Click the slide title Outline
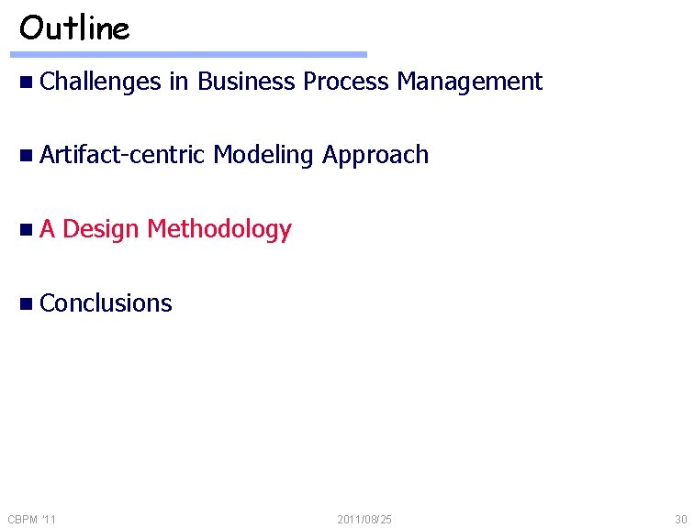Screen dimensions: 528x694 74,28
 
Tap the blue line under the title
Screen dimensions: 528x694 193,55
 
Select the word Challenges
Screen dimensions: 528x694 101,82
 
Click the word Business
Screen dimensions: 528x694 247,82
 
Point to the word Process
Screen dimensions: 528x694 346,82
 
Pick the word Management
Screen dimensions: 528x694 469,82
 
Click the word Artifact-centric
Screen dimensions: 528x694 122,155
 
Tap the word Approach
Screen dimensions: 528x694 375,156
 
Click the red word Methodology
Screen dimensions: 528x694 219,230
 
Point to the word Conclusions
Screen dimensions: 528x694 106,303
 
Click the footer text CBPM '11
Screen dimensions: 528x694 32,520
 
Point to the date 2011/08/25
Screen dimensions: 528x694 364,520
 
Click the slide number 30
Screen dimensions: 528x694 679,520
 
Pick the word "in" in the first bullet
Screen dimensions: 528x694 178,82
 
